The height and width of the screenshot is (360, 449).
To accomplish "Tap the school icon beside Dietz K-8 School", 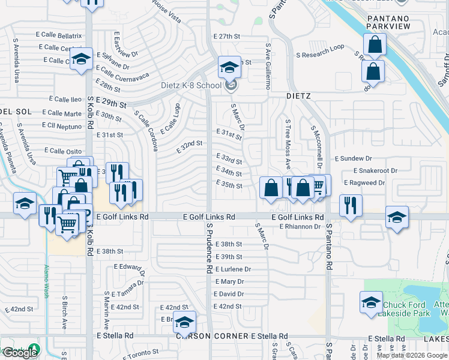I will tap(229, 69).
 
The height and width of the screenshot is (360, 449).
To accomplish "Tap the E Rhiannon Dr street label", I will tap(300, 226).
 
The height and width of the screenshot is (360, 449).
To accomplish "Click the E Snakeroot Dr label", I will tap(370, 170).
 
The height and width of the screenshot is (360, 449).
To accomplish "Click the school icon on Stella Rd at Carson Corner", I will tap(184, 322).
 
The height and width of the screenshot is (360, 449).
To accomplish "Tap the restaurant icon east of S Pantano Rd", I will tap(351, 205).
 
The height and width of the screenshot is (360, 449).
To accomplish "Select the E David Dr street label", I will tap(229, 294).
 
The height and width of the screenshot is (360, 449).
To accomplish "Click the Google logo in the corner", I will tap(20, 353).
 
